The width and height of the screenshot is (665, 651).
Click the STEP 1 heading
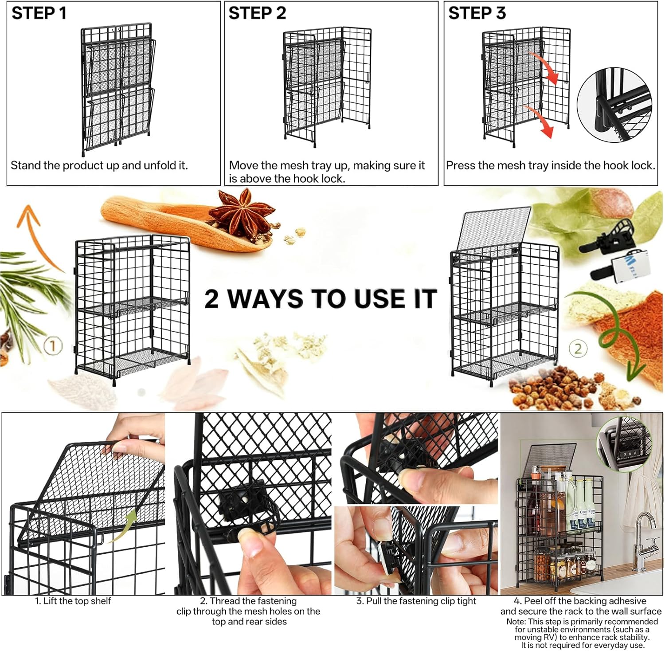[39, 13]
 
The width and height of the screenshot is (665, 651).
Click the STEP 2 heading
[257, 13]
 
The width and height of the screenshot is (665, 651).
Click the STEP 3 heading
[477, 13]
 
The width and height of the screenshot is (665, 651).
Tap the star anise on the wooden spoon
[242, 213]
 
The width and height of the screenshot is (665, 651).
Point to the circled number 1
[53, 346]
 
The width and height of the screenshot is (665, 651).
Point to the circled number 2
[578, 349]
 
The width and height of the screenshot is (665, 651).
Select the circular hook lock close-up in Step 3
[614, 105]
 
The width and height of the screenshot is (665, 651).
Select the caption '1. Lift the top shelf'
[73, 601]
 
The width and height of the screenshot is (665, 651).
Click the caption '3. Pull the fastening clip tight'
[416, 601]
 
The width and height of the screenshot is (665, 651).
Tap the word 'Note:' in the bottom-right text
[516, 622]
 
